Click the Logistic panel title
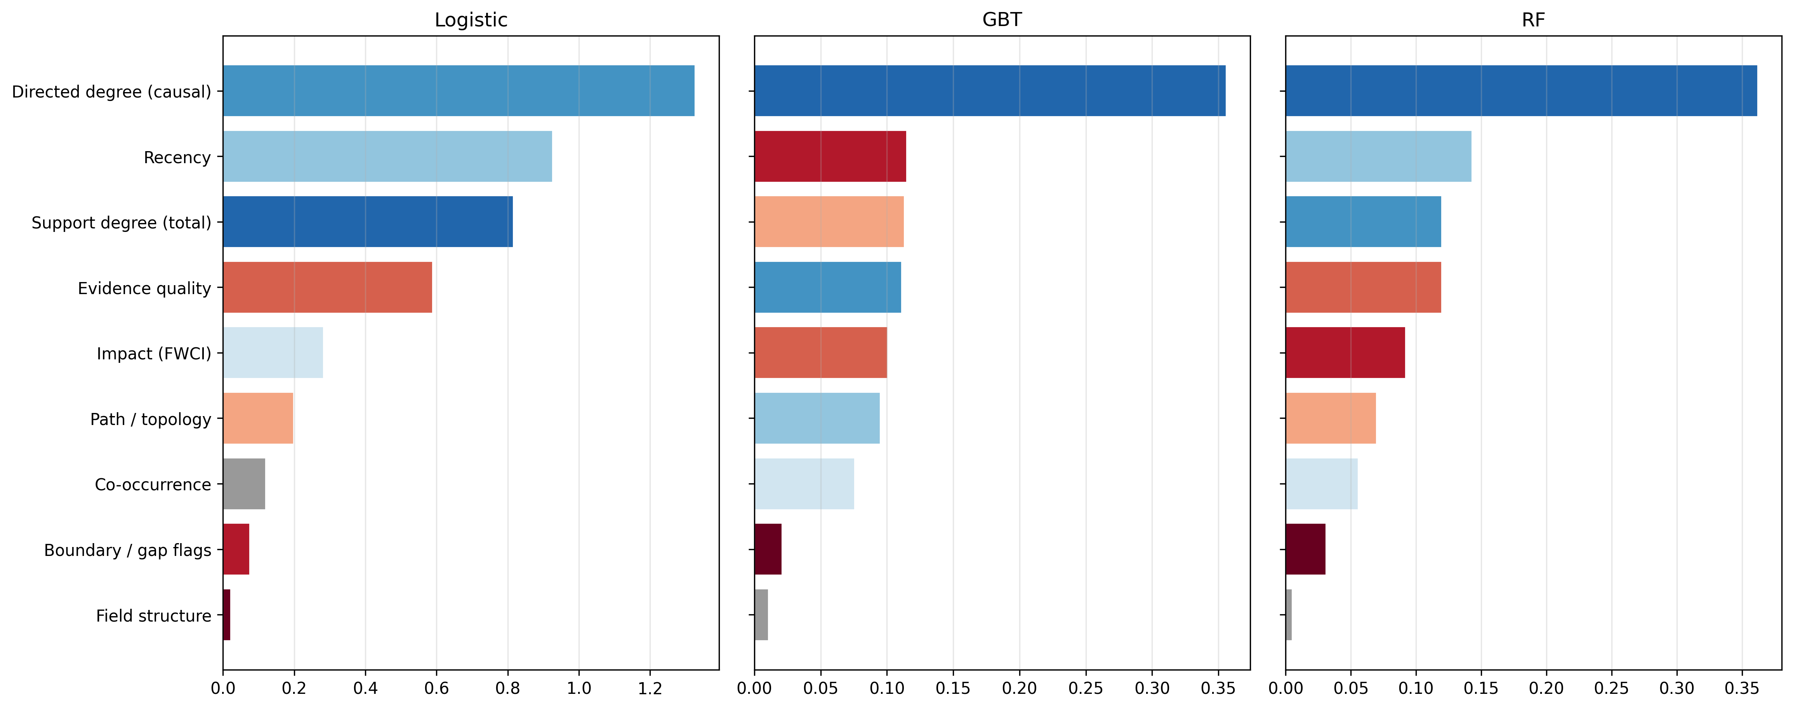[471, 19]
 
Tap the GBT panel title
[1002, 19]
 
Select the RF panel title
[1533, 19]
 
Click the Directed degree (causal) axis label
[111, 91]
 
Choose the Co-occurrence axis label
[153, 485]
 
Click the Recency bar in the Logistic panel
[387, 157]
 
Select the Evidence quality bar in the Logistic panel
[327, 287]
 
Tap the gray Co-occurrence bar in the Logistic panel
[243, 484]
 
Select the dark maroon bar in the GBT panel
[768, 549]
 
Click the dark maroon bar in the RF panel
[1305, 549]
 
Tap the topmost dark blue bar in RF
[1521, 91]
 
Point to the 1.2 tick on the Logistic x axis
[650, 688]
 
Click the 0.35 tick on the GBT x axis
[1218, 688]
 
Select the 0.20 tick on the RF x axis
[1546, 688]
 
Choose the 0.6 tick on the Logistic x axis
[436, 688]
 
